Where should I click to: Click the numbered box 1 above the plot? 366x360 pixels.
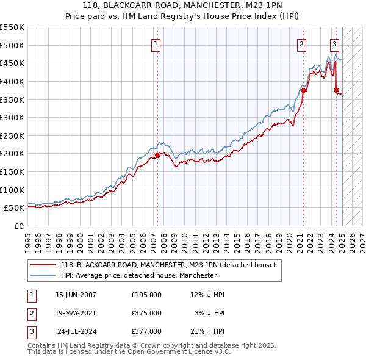(156, 44)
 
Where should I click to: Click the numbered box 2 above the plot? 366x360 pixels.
(302, 44)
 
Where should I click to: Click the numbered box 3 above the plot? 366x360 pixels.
(335, 44)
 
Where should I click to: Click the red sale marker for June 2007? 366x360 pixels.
(157, 155)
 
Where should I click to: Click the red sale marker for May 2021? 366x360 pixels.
(303, 90)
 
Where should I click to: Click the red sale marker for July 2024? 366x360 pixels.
(336, 90)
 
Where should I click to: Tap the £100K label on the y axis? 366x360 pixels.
(13, 190)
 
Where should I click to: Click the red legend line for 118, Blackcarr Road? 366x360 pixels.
(43, 265)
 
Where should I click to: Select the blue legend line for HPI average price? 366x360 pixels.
(43, 276)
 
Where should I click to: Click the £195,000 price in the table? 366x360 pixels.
(146, 295)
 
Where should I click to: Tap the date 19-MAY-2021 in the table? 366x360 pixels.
(76, 313)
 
